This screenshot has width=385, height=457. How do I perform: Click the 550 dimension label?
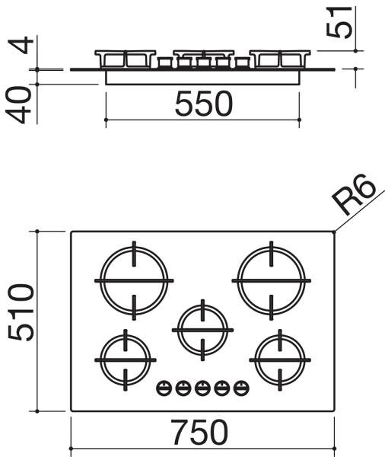[204, 103]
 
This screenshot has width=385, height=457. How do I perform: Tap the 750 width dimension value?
[199, 433]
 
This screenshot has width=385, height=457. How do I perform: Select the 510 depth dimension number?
[21, 312]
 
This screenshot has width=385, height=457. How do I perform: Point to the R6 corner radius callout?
[354, 194]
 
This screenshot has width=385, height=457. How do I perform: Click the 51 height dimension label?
[339, 22]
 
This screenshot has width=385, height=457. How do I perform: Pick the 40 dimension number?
[19, 104]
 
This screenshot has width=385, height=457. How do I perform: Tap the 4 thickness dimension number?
[21, 45]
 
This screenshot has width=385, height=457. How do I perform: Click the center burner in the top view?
[202, 330]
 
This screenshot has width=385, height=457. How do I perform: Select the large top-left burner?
[134, 280]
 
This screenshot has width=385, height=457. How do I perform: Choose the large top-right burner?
[271, 280]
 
